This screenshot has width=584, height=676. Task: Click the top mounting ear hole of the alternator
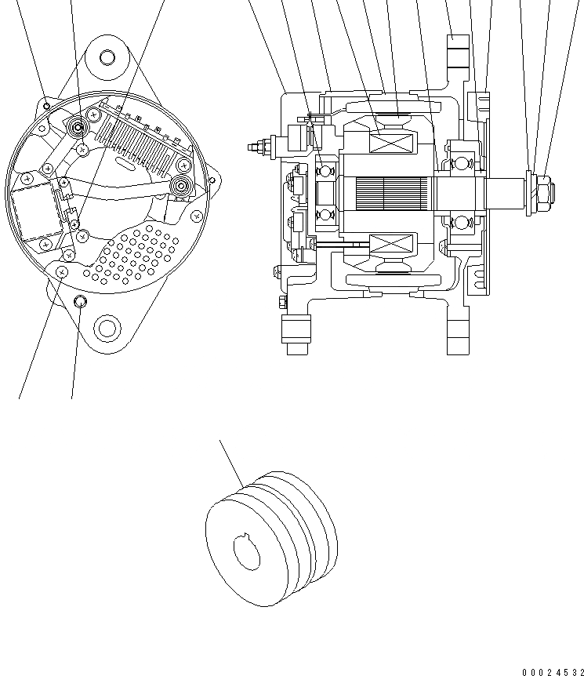(x=107, y=57)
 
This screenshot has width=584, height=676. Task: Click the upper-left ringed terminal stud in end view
(x=78, y=127)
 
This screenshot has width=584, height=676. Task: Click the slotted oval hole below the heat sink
(x=124, y=162)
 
